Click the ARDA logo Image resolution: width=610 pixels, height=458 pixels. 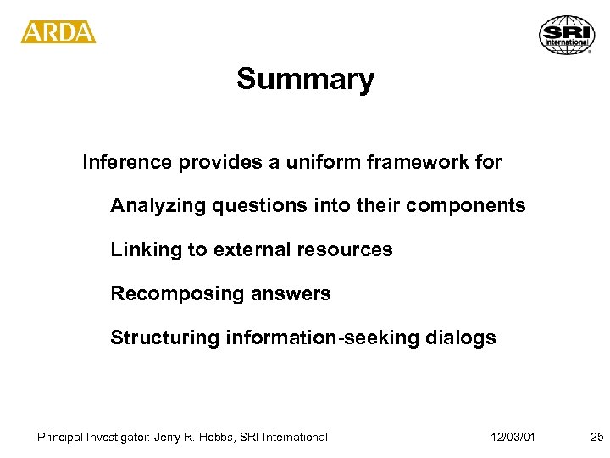coord(58,31)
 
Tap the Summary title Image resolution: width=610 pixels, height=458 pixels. coord(305,79)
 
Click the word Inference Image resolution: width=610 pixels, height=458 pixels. coord(125,162)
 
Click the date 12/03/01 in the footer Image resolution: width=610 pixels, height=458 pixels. coord(512,437)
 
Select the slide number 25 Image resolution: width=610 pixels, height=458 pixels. coord(596,437)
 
